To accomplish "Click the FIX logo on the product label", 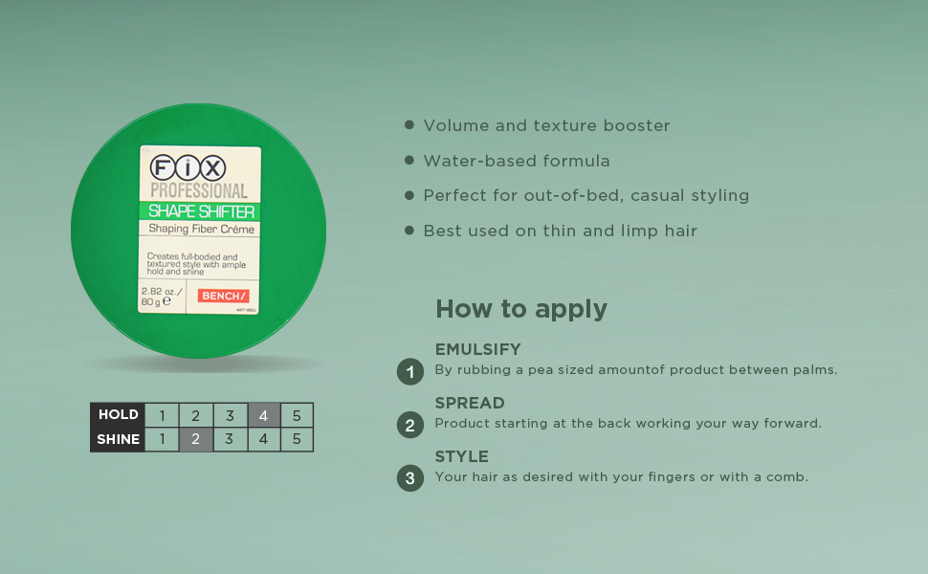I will click(187, 168).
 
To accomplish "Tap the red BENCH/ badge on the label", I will click(223, 296).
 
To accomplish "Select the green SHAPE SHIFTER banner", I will click(199, 211).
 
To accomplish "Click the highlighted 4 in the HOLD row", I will click(263, 415).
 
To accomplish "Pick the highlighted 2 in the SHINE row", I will click(195, 440).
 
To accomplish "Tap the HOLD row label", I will click(119, 415).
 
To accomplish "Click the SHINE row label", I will click(119, 440).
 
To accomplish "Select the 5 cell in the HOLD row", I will click(297, 415).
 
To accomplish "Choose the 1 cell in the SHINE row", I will click(163, 440).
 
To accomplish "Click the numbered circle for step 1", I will click(410, 371).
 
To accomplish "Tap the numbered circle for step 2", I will click(410, 425).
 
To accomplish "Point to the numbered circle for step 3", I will click(410, 478).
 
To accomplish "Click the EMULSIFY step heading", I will click(477, 349).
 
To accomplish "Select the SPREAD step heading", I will click(470, 403).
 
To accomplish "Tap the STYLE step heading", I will click(462, 456).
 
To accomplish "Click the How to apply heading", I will click(521, 309).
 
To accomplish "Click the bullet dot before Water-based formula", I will click(409, 161).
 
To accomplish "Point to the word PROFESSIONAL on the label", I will click(198, 191).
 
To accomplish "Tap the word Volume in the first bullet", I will click(454, 125).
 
